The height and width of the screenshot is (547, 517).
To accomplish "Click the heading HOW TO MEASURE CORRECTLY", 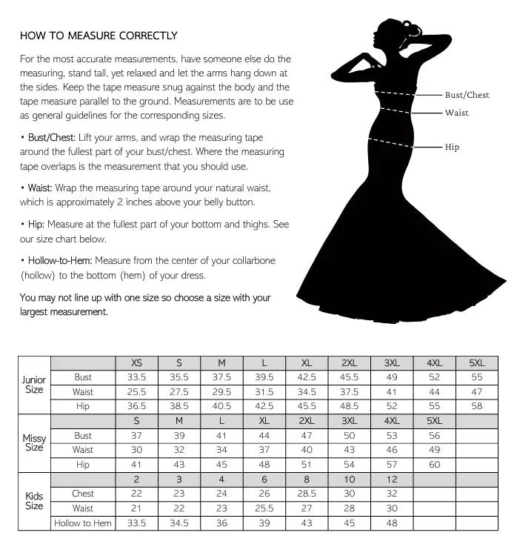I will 99,36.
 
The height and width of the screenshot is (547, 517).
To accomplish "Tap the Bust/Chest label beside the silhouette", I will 467,95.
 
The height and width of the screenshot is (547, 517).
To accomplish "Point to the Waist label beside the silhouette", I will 456,113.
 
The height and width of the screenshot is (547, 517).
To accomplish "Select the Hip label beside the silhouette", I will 452,147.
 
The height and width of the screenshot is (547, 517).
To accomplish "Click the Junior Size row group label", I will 34,385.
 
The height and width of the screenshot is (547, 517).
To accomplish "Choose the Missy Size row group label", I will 34,443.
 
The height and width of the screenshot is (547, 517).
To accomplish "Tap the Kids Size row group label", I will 34,501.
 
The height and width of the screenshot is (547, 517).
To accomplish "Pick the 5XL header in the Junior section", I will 477,363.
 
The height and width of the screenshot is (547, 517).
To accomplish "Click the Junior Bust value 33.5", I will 136,377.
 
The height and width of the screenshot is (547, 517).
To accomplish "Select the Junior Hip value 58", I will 477,406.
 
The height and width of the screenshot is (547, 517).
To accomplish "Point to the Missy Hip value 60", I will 434,465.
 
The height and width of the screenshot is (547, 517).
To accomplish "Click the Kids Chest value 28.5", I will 307,494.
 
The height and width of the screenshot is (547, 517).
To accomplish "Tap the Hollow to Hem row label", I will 83,523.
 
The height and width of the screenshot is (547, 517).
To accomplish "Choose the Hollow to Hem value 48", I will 392,523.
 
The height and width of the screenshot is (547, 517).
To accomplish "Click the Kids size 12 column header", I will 392,480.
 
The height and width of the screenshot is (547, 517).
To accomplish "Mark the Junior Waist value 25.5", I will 136,392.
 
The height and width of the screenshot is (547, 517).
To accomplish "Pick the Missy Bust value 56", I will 434,436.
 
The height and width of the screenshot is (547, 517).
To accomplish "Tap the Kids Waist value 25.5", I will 264,508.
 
